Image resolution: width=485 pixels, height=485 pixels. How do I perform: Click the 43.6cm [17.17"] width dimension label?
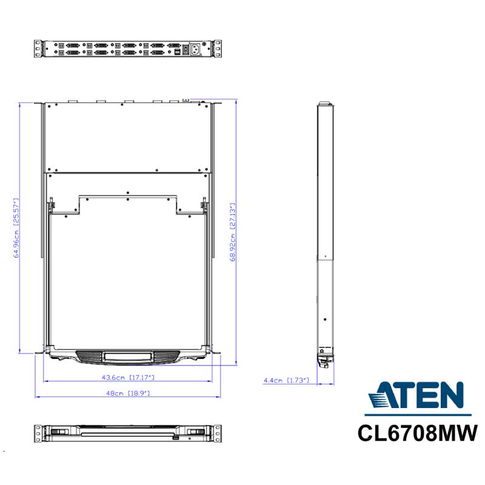point(128,377)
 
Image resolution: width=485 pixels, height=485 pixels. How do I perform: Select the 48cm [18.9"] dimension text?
point(128,393)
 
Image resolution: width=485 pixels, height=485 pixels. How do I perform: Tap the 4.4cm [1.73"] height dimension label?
point(286,380)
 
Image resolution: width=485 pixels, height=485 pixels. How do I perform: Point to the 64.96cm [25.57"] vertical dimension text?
point(16,228)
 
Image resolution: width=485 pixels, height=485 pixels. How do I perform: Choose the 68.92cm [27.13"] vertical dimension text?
point(233,232)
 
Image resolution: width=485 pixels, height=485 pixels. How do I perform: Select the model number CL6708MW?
point(418,433)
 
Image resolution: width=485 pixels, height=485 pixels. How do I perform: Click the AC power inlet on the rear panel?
point(195,49)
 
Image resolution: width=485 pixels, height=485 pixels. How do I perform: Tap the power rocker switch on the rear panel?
point(186,50)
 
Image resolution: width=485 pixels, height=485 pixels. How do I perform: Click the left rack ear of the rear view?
point(38,48)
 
